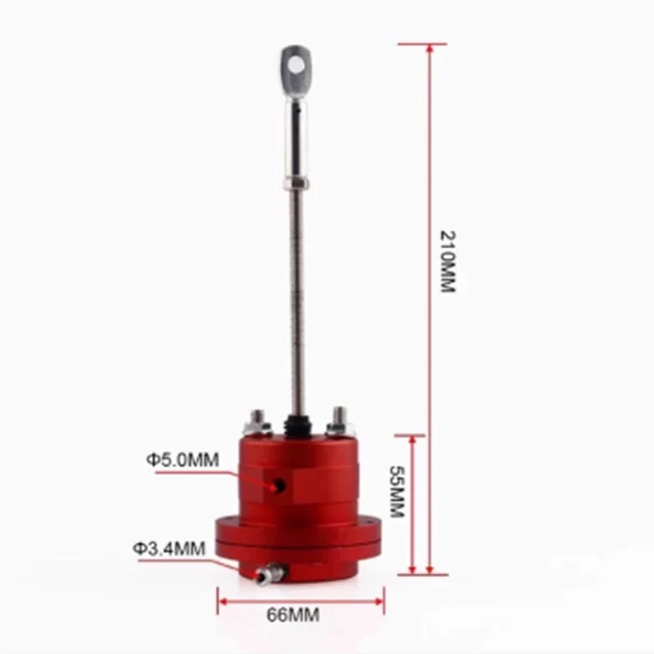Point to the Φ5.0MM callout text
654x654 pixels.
(183, 459)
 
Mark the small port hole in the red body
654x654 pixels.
(280, 486)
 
